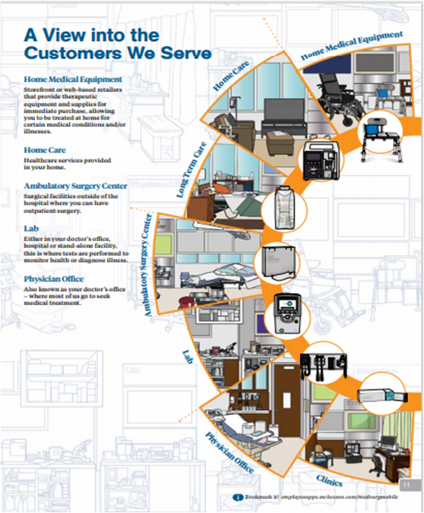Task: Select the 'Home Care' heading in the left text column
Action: pos(44,150)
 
